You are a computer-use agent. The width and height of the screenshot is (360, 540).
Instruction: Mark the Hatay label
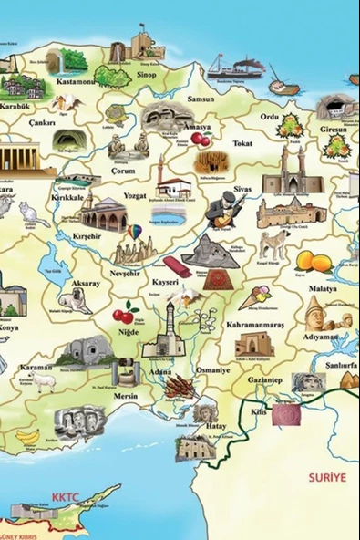[215, 426]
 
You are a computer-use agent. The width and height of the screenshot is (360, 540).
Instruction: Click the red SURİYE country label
[325, 503]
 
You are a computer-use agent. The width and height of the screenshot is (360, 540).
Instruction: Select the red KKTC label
[67, 498]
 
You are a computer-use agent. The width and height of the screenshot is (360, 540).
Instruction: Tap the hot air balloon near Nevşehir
[134, 232]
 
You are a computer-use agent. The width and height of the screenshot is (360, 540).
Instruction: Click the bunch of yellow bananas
[28, 437]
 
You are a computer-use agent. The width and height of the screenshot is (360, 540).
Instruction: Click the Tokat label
[242, 143]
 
